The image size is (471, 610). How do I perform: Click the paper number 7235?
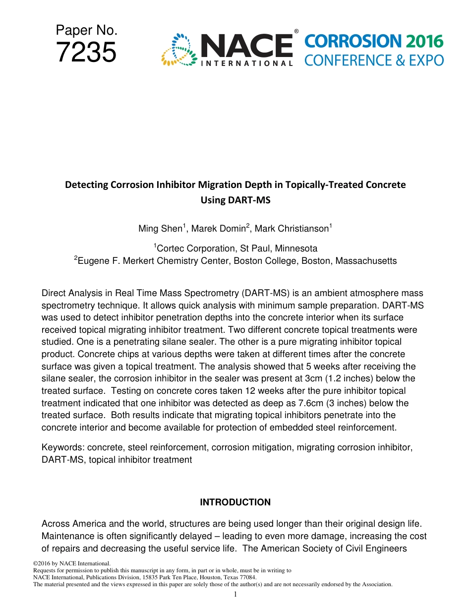coord(86,53)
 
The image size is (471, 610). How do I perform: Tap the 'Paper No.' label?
coord(86,31)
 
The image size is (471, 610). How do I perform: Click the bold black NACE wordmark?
coord(246,46)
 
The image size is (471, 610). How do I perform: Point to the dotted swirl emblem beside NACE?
coord(178,50)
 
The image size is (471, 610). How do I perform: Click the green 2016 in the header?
coord(424,41)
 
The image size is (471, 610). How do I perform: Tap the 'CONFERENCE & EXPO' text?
coord(374,61)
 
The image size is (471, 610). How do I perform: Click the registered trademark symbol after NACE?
coord(296,31)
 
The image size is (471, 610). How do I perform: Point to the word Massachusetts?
coord(366,261)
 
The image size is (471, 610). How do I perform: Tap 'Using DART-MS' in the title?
coord(235,201)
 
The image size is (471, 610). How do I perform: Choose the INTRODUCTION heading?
coord(235,502)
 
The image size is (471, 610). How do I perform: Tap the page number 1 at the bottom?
coord(235,594)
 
